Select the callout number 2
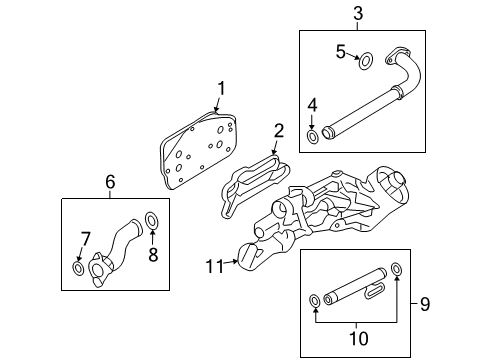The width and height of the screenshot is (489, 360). (280, 129)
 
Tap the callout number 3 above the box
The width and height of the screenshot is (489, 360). (358, 14)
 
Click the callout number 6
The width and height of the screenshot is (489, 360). (111, 181)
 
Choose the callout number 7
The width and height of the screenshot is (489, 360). (84, 238)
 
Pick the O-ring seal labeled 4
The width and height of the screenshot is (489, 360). (313, 135)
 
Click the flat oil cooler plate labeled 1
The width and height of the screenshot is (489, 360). (196, 147)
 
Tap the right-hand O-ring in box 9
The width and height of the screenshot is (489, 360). (397, 269)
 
